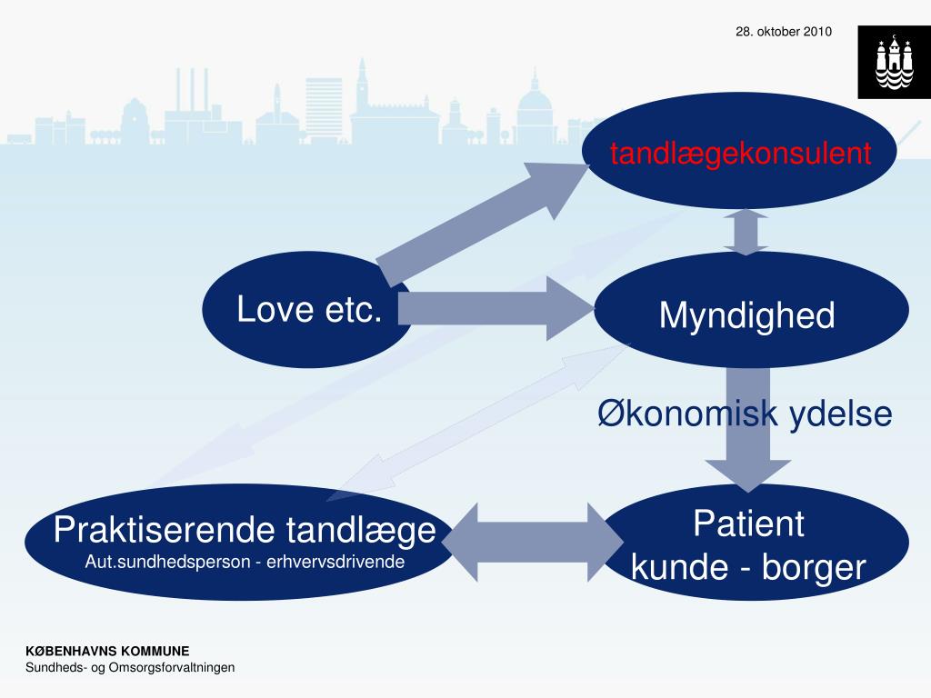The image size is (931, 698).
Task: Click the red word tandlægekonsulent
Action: pyautogui.click(x=740, y=154)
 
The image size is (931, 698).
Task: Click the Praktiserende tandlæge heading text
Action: pyautogui.click(x=244, y=530)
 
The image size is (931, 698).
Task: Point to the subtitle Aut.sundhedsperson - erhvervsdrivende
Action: pyautogui.click(x=244, y=562)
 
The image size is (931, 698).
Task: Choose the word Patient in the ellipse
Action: pyautogui.click(x=748, y=524)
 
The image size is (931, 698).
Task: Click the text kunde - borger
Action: pyautogui.click(x=748, y=568)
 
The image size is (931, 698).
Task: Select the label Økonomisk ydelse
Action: pyautogui.click(x=745, y=414)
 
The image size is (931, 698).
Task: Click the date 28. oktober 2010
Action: pyautogui.click(x=784, y=32)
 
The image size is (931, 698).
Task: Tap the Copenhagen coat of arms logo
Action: pyautogui.click(x=894, y=62)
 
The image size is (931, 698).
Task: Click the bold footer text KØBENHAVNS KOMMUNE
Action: pyautogui.click(x=107, y=651)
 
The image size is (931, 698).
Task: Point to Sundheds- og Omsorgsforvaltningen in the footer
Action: pyautogui.click(x=129, y=667)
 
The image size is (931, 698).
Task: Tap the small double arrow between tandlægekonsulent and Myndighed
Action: pyautogui.click(x=746, y=232)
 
